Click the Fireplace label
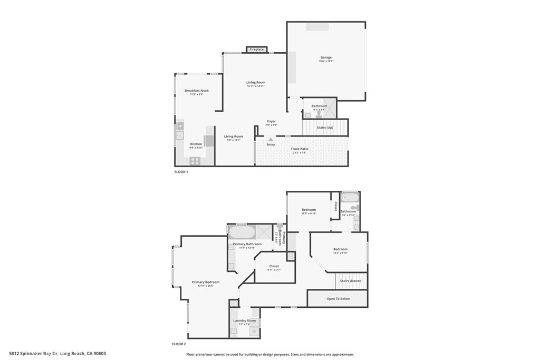pyautogui.click(x=257, y=50)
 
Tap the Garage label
pyautogui.click(x=326, y=57)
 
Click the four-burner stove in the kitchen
pyautogui.click(x=195, y=160)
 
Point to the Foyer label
pyautogui.click(x=271, y=122)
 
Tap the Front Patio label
pyautogui.click(x=300, y=149)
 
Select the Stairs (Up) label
pyautogui.click(x=325, y=128)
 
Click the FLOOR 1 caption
pyautogui.click(x=181, y=172)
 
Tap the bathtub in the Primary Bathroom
pyautogui.click(x=242, y=232)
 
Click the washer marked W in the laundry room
pyautogui.click(x=254, y=331)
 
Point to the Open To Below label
pyautogui.click(x=338, y=298)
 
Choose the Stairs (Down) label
pyautogui.click(x=351, y=281)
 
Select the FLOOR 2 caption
pyautogui.click(x=179, y=344)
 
